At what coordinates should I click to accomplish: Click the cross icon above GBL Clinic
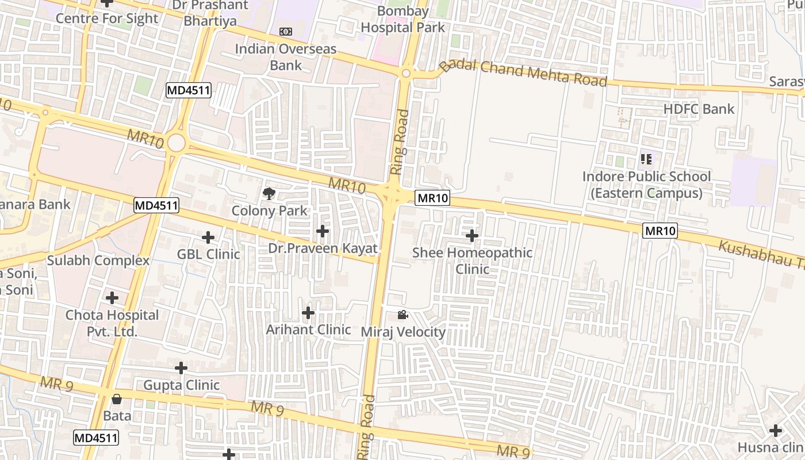click(208, 237)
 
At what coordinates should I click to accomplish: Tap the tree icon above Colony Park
click(269, 194)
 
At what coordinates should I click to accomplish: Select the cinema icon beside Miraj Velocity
click(402, 315)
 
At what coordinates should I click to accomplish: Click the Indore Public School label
click(646, 185)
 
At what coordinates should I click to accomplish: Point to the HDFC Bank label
click(699, 109)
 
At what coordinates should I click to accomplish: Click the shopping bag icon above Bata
click(117, 398)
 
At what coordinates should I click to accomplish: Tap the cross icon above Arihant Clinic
click(308, 313)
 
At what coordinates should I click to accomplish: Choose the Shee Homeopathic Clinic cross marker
click(472, 236)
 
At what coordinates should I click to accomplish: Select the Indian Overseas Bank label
click(286, 56)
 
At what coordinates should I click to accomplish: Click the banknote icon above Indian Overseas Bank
click(286, 32)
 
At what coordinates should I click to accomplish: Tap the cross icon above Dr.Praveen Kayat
click(323, 231)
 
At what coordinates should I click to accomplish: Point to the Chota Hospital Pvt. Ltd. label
click(112, 323)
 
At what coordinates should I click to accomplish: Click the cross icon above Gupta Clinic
click(181, 368)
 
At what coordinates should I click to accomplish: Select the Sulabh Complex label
click(98, 260)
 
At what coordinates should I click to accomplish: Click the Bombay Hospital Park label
click(402, 19)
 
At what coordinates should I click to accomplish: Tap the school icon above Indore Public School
click(646, 159)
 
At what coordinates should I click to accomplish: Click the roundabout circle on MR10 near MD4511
click(177, 143)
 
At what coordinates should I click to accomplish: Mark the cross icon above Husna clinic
click(776, 430)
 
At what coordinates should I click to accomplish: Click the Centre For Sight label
click(106, 18)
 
